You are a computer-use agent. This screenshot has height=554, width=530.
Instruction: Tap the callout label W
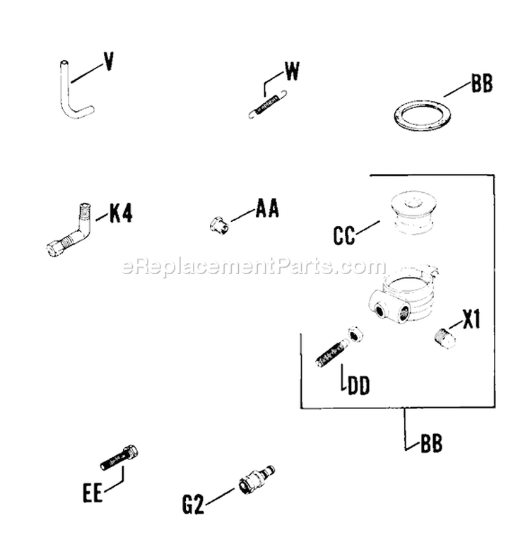click(293, 71)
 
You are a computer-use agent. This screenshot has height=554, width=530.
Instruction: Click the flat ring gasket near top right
click(421, 114)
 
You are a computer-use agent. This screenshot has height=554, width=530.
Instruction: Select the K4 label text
click(120, 213)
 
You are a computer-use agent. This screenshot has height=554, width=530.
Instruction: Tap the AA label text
click(267, 210)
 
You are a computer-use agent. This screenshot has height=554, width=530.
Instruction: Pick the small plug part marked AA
click(218, 225)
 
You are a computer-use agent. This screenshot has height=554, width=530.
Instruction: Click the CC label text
click(344, 235)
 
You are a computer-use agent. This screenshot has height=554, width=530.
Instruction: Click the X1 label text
click(471, 322)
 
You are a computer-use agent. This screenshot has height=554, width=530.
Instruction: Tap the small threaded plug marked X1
click(443, 336)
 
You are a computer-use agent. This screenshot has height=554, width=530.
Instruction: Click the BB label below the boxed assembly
click(431, 444)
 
